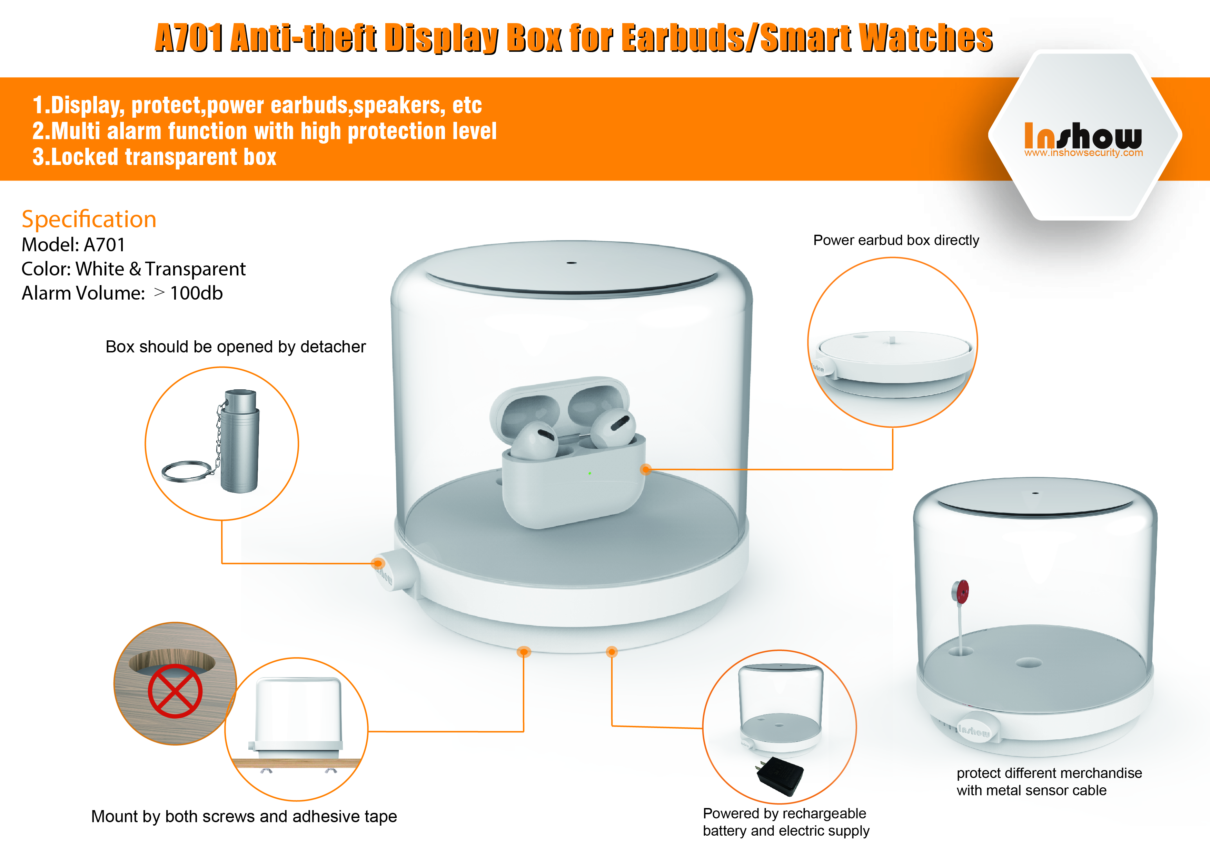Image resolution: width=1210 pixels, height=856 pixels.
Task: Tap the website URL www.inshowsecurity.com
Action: pos(1083,153)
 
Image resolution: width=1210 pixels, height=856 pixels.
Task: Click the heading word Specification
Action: pos(89,220)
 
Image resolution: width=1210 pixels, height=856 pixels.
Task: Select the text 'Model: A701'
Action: pos(73,245)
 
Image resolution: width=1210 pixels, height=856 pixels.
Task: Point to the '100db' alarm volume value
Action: pos(196,293)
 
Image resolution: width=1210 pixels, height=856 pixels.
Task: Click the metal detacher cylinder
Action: pos(240,441)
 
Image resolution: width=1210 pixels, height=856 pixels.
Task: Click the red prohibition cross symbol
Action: pos(175,691)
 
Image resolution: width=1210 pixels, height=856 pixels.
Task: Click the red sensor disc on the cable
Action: pos(960,592)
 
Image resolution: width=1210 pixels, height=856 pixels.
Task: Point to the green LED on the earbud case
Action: pos(590,473)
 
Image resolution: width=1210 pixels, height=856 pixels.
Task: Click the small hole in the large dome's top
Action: pos(572,262)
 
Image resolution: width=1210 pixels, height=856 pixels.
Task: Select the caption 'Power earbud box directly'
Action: pos(896,241)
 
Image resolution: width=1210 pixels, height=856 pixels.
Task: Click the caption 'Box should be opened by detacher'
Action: pos(236,347)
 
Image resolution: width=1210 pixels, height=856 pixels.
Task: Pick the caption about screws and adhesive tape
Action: pos(244,816)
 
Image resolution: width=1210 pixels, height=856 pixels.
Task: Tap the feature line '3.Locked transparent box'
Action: pos(155,157)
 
